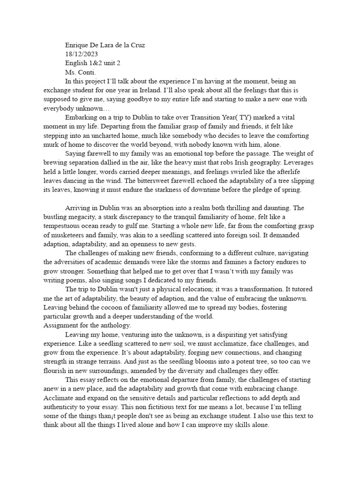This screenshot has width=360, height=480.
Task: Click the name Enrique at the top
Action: point(77,46)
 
